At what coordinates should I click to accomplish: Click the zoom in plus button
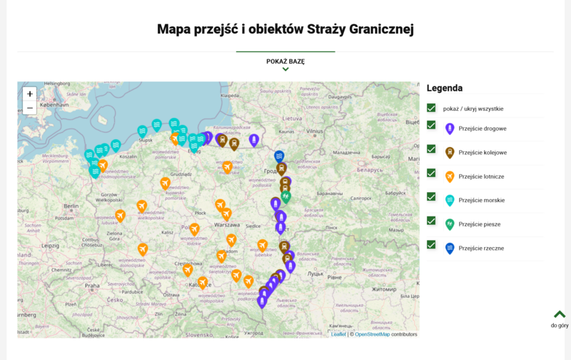pos(29,94)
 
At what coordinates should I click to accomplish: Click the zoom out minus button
pos(29,108)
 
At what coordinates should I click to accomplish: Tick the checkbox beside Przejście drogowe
pos(431,125)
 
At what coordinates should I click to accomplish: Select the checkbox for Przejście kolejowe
pos(431,149)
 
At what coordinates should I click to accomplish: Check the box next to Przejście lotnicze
pos(431,173)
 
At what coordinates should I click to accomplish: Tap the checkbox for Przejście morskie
pos(431,196)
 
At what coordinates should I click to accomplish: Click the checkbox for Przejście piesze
pos(431,221)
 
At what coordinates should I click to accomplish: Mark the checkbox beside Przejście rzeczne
pos(431,244)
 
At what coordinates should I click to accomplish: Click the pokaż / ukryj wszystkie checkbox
pos(431,108)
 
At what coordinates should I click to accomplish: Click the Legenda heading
pos(445,88)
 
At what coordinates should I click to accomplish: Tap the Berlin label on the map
pos(70,206)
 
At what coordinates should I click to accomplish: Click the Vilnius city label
pos(314,131)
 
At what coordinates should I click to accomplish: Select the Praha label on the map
pos(92,285)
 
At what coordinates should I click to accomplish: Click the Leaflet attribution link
pos(338,334)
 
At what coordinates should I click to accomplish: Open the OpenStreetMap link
pos(372,334)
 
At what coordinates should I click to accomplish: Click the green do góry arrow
pos(560,314)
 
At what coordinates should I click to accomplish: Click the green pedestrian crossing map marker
pos(286,195)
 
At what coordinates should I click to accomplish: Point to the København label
pos(54,104)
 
